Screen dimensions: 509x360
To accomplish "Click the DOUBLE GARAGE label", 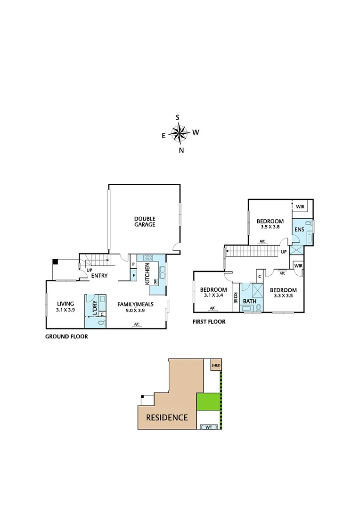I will [145, 222].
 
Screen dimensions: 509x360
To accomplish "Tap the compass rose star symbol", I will [179, 134].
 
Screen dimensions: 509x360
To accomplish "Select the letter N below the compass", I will [181, 150].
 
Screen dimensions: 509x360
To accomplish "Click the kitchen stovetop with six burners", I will [148, 258].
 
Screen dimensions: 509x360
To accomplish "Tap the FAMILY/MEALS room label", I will [135, 304].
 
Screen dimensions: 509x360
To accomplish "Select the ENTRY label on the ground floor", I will [99, 276].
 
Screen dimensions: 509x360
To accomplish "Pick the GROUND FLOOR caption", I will [66, 337].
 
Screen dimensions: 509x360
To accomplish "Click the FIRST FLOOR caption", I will [209, 322].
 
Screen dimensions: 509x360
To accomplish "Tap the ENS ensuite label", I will [299, 230].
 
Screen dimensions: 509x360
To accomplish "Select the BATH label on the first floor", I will [249, 301].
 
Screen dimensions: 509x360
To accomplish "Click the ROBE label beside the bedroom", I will [235, 299].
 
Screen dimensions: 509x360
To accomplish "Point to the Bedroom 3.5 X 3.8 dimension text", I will [270, 227].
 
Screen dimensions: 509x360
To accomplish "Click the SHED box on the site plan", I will [216, 365].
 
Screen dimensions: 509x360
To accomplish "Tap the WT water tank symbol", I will [209, 427].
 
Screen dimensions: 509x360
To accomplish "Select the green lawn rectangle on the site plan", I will [208, 402].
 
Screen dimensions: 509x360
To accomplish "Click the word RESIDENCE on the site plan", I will [167, 417].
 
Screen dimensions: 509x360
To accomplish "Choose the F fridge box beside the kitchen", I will [133, 275].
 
